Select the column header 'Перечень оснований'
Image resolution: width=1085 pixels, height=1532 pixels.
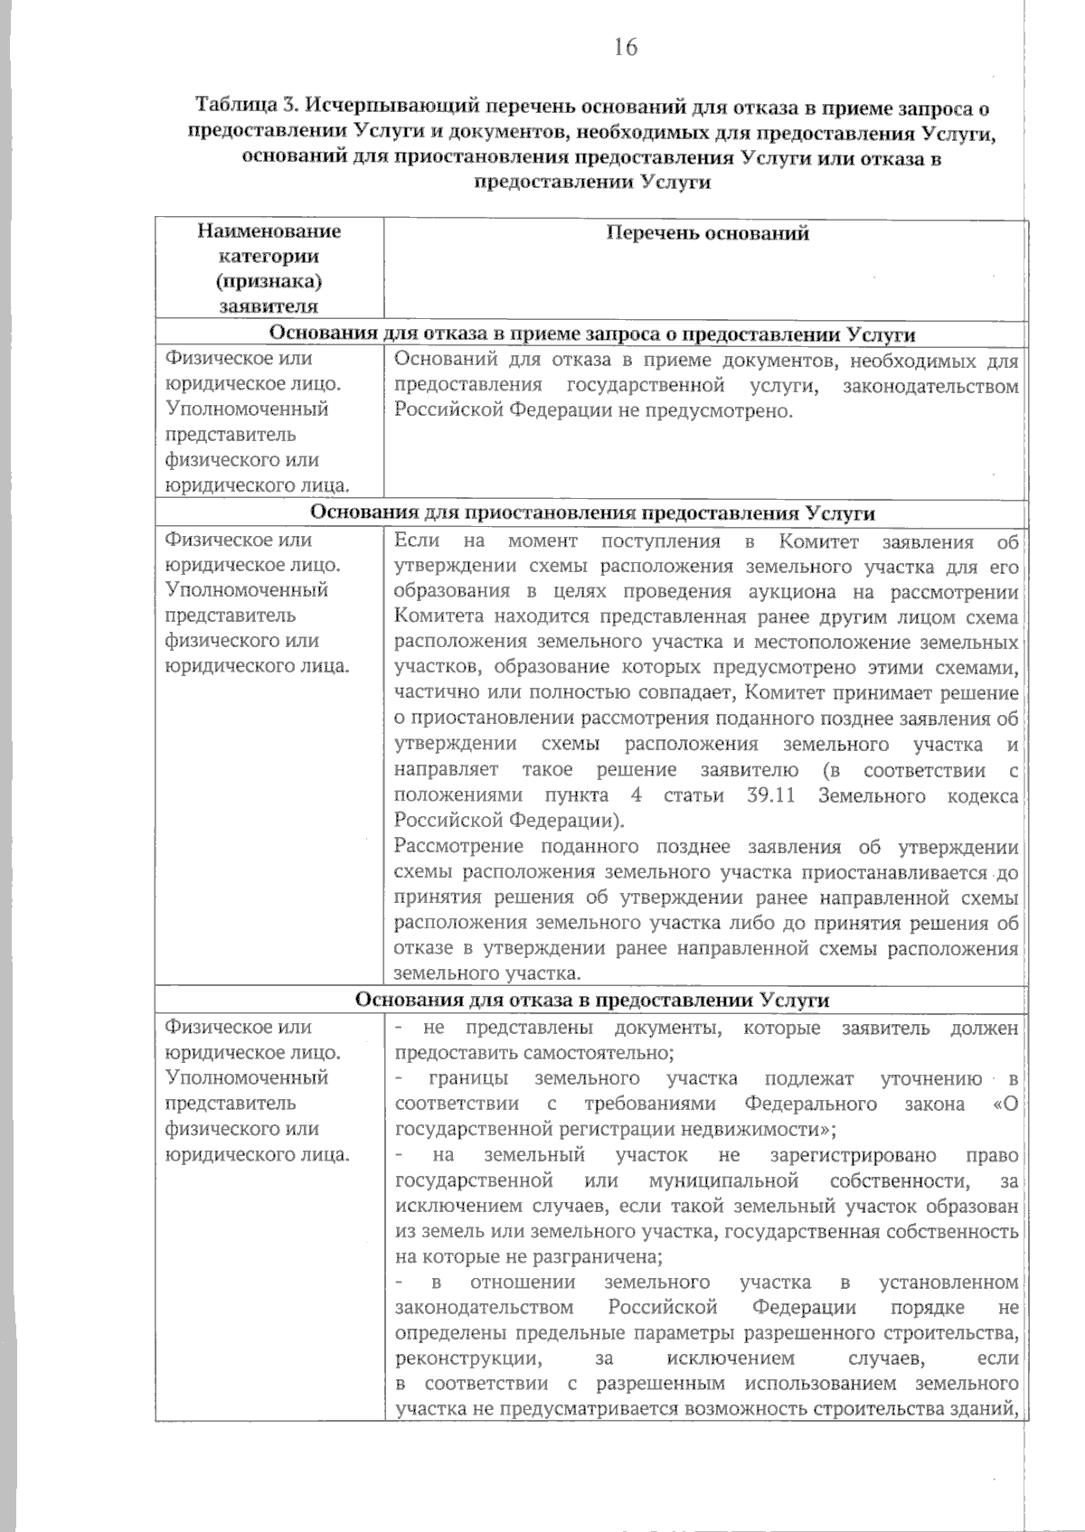(x=706, y=234)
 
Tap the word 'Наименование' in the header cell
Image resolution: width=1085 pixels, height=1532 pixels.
(x=269, y=231)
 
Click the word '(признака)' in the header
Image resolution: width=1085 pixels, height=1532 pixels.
(x=269, y=281)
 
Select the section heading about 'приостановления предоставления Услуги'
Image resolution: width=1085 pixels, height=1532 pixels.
(x=592, y=513)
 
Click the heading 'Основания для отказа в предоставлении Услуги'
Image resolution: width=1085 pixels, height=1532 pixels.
(x=592, y=1001)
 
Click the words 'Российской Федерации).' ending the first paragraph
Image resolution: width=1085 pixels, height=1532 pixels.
(x=509, y=822)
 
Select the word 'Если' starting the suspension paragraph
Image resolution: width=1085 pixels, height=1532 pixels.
(x=417, y=542)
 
